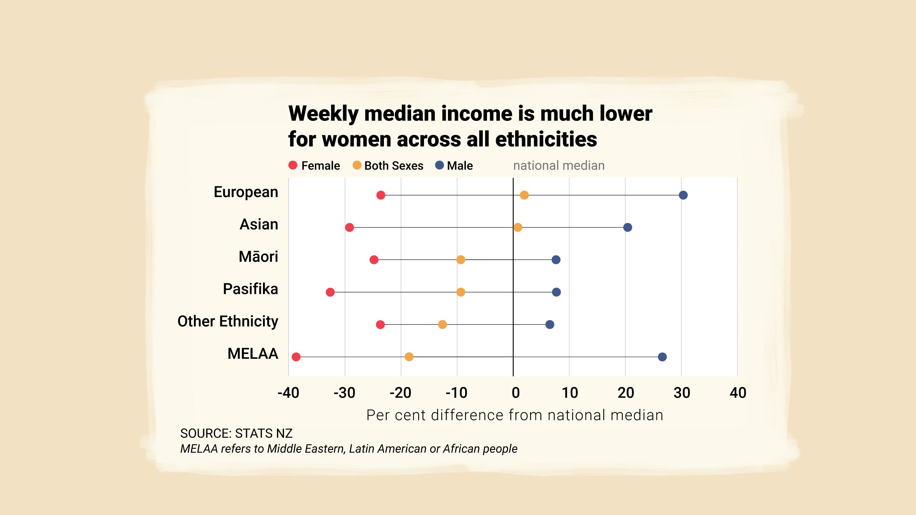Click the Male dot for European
click(x=683, y=195)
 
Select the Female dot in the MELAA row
click(x=296, y=357)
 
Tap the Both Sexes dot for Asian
click(x=518, y=227)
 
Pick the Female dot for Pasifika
click(x=330, y=292)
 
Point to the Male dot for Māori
click(x=556, y=260)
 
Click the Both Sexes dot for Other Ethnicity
click(x=443, y=324)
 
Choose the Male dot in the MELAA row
click(x=662, y=357)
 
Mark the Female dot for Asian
click(x=350, y=227)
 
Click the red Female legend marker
click(x=293, y=165)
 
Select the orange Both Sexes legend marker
click(x=357, y=165)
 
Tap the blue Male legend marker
click(x=439, y=165)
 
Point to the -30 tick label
click(x=344, y=393)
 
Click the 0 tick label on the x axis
click(x=516, y=393)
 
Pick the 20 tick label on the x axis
click(x=626, y=393)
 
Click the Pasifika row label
click(x=250, y=289)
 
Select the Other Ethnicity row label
click(x=228, y=321)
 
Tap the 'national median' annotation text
click(x=559, y=166)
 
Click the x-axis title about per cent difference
click(x=515, y=415)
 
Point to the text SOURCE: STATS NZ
click(x=236, y=433)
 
